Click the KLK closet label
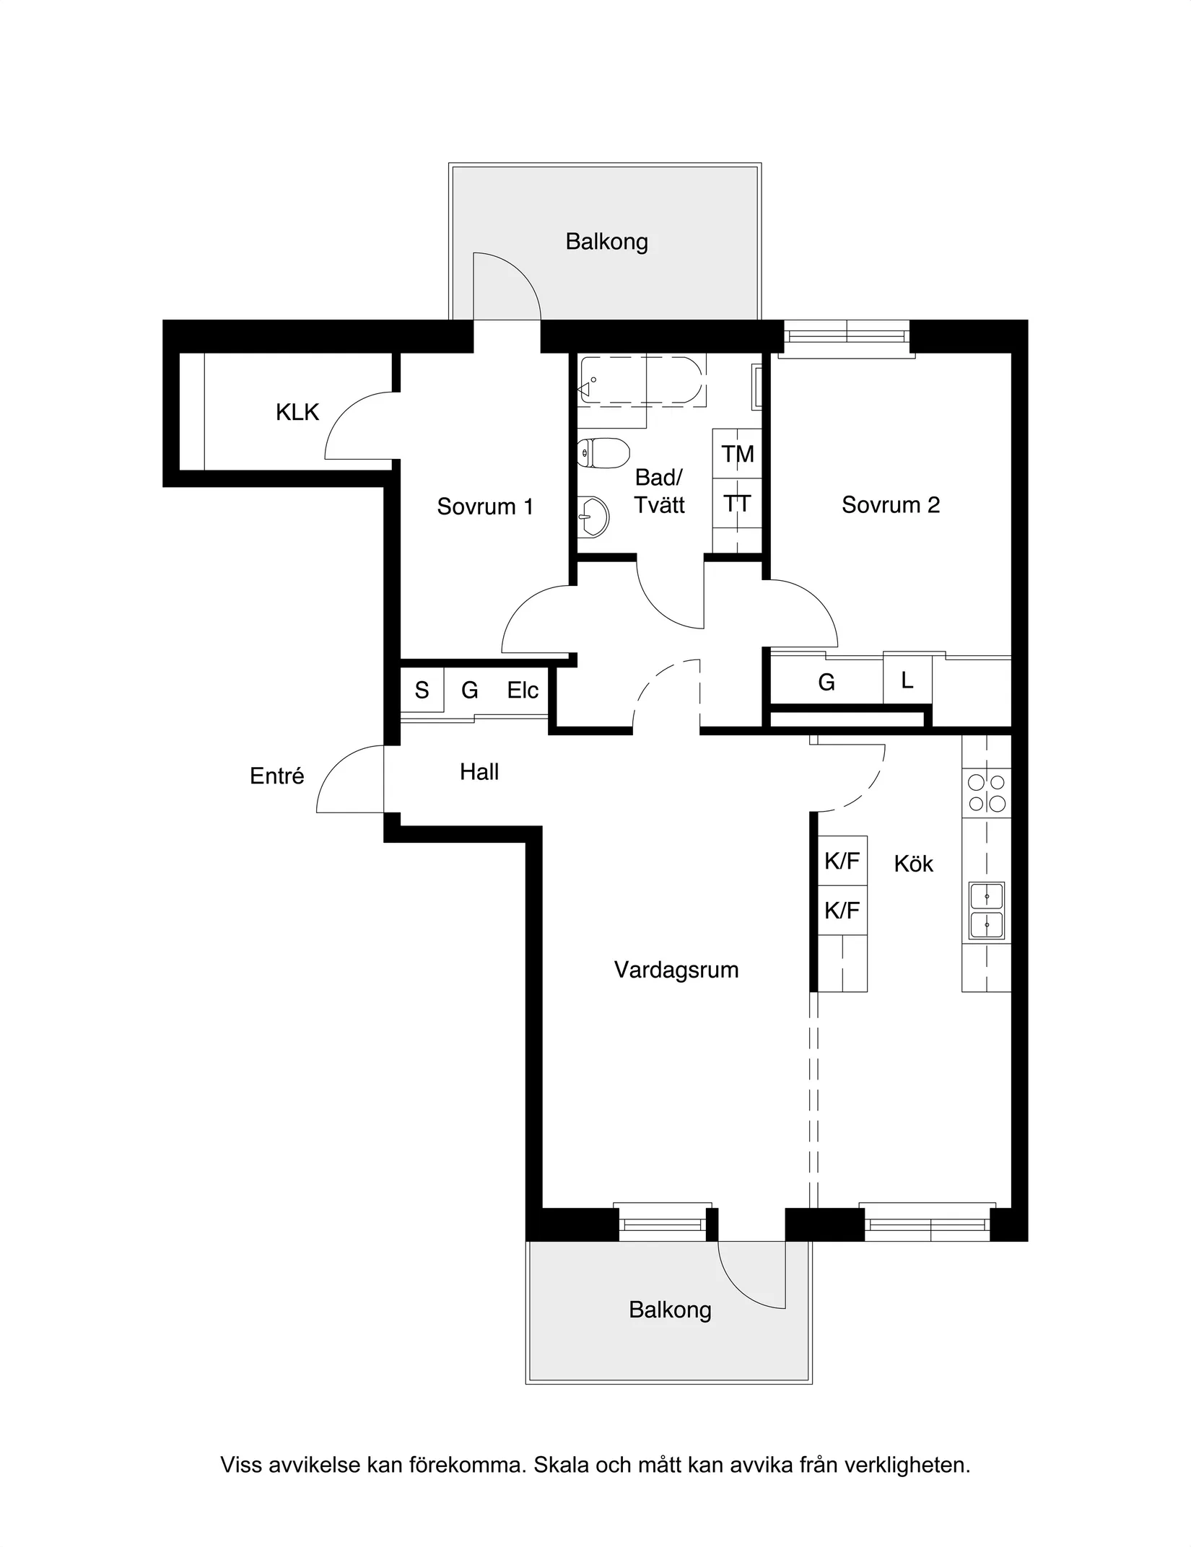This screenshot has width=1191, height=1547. coord(297,412)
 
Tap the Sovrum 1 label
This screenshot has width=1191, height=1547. coord(485,507)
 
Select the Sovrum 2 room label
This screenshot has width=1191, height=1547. coord(891,504)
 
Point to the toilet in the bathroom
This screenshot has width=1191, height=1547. coord(603,452)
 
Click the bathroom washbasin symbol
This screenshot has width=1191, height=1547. coord(593,516)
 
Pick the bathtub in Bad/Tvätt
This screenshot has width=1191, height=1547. coord(641,380)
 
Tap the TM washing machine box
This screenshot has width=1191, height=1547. coord(737,453)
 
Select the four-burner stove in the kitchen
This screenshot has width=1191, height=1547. coord(987,792)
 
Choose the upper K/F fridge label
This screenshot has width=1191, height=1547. coord(842,860)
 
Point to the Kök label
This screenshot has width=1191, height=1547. coord(914,864)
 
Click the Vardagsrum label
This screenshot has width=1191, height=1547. coord(676,970)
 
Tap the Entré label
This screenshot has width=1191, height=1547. coord(277,776)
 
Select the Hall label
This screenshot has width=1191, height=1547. coord(479,772)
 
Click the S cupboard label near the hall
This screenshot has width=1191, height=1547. coord(422,691)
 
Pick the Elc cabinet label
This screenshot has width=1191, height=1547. coord(523,691)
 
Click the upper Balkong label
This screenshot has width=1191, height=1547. coord(607,242)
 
